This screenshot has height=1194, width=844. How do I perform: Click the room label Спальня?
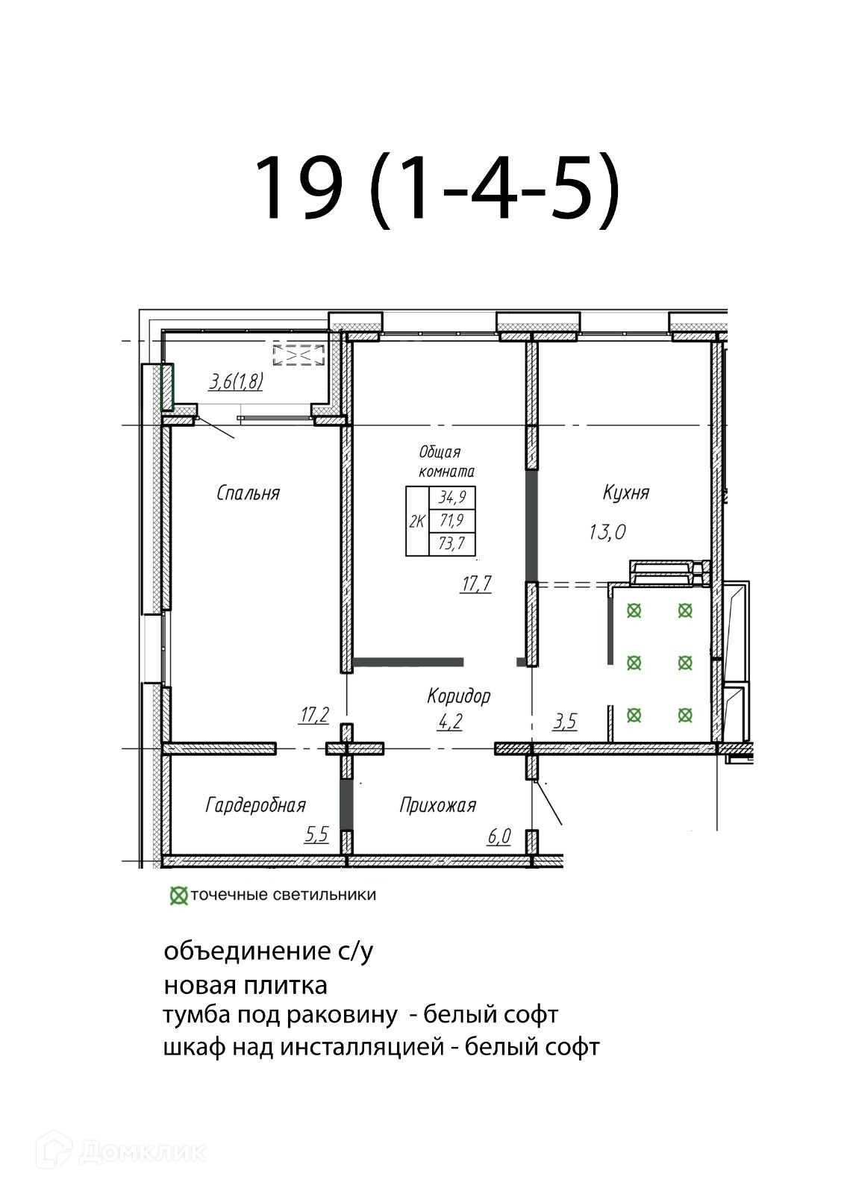pos(248,493)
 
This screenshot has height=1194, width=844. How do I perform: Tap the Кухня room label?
pos(626,493)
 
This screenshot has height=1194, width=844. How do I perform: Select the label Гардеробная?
pos(255,805)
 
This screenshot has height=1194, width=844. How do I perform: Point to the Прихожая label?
pos(438,805)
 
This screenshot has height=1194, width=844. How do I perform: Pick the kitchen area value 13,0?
pos(607,532)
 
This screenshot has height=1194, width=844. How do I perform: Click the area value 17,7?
pos(477,584)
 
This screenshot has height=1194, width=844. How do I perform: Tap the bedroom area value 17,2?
pos(315,714)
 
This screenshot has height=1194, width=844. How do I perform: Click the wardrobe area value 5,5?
pos(316,834)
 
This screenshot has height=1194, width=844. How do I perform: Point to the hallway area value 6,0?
pos(499,837)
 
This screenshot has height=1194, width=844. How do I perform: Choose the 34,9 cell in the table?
pos(452,497)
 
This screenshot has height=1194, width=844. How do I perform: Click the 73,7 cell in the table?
pos(452,544)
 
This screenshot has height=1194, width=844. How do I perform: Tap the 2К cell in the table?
pos(417,522)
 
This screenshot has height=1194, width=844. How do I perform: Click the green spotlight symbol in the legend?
pos(178,896)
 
